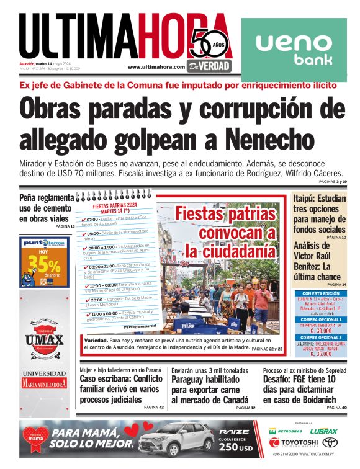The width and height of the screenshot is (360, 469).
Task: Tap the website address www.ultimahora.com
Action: pyautogui.click(x=156, y=67)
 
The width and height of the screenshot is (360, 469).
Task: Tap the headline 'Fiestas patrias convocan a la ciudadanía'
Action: pyautogui.click(x=225, y=233)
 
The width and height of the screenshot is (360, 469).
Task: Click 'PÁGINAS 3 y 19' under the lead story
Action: pyautogui.click(x=333, y=181)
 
